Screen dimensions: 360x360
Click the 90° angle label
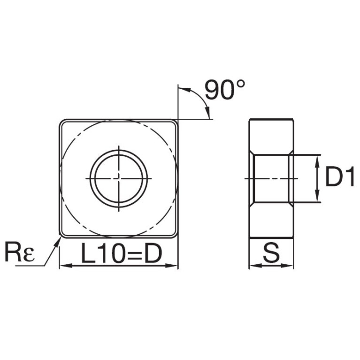click(x=225, y=90)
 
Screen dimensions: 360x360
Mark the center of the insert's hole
click(x=119, y=178)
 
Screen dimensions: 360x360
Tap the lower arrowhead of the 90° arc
click(x=208, y=113)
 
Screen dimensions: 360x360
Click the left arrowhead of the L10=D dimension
click(x=66, y=266)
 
